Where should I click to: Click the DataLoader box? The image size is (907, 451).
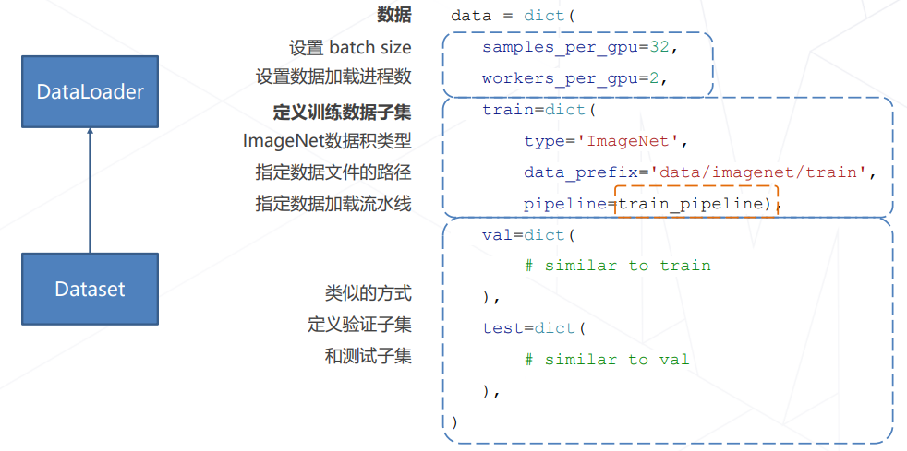pyautogui.click(x=90, y=91)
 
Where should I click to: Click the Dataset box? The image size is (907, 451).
pyautogui.click(x=90, y=289)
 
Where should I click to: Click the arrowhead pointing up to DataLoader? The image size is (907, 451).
pyautogui.click(x=90, y=133)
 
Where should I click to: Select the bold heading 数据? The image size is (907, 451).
pyautogui.click(x=394, y=15)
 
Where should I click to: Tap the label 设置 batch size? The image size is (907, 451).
pyautogui.click(x=350, y=47)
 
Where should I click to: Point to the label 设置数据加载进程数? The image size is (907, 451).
pyautogui.click(x=333, y=77)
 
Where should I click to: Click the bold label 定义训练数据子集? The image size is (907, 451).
pyautogui.click(x=342, y=112)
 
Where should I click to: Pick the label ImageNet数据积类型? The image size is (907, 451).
pyautogui.click(x=327, y=141)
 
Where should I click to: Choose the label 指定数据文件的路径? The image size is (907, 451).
pyautogui.click(x=333, y=172)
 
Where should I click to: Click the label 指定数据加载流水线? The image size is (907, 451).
pyautogui.click(x=333, y=204)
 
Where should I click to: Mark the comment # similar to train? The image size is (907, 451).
pyautogui.click(x=617, y=266)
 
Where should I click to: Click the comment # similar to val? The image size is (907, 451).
pyautogui.click(x=607, y=360)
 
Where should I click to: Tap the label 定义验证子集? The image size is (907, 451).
pyautogui.click(x=359, y=324)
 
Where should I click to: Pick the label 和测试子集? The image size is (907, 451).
pyautogui.click(x=368, y=355)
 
